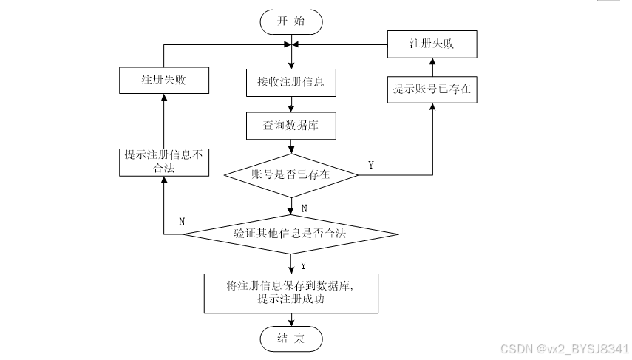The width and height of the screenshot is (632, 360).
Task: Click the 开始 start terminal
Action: pos(290,21)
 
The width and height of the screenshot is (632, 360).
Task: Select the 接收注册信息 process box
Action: pos(290,82)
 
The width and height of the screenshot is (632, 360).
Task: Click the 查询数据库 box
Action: pos(290,126)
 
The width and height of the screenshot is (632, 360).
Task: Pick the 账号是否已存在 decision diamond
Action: pos(290,175)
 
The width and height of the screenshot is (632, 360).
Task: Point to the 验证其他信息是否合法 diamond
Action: pos(290,234)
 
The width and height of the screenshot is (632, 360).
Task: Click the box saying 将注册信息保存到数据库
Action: pos(290,293)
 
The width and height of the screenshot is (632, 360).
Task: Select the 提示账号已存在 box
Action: pos(432,89)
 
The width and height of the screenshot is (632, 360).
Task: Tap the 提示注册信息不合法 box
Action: pos(163,162)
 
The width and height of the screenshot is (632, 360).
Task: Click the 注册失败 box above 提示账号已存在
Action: pos(432,44)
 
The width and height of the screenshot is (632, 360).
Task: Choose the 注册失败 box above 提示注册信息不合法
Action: pos(163,79)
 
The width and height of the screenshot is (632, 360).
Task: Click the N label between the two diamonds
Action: pos(304,208)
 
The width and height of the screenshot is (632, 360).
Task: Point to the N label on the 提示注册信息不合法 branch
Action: pos(182,222)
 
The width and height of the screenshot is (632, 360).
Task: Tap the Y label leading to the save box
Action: pos(304,264)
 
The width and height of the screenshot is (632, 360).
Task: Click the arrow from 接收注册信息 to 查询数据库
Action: pos(290,104)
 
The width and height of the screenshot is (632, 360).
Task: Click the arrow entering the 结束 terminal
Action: pos(290,319)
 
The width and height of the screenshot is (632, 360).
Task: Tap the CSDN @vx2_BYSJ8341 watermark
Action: pos(565,348)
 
